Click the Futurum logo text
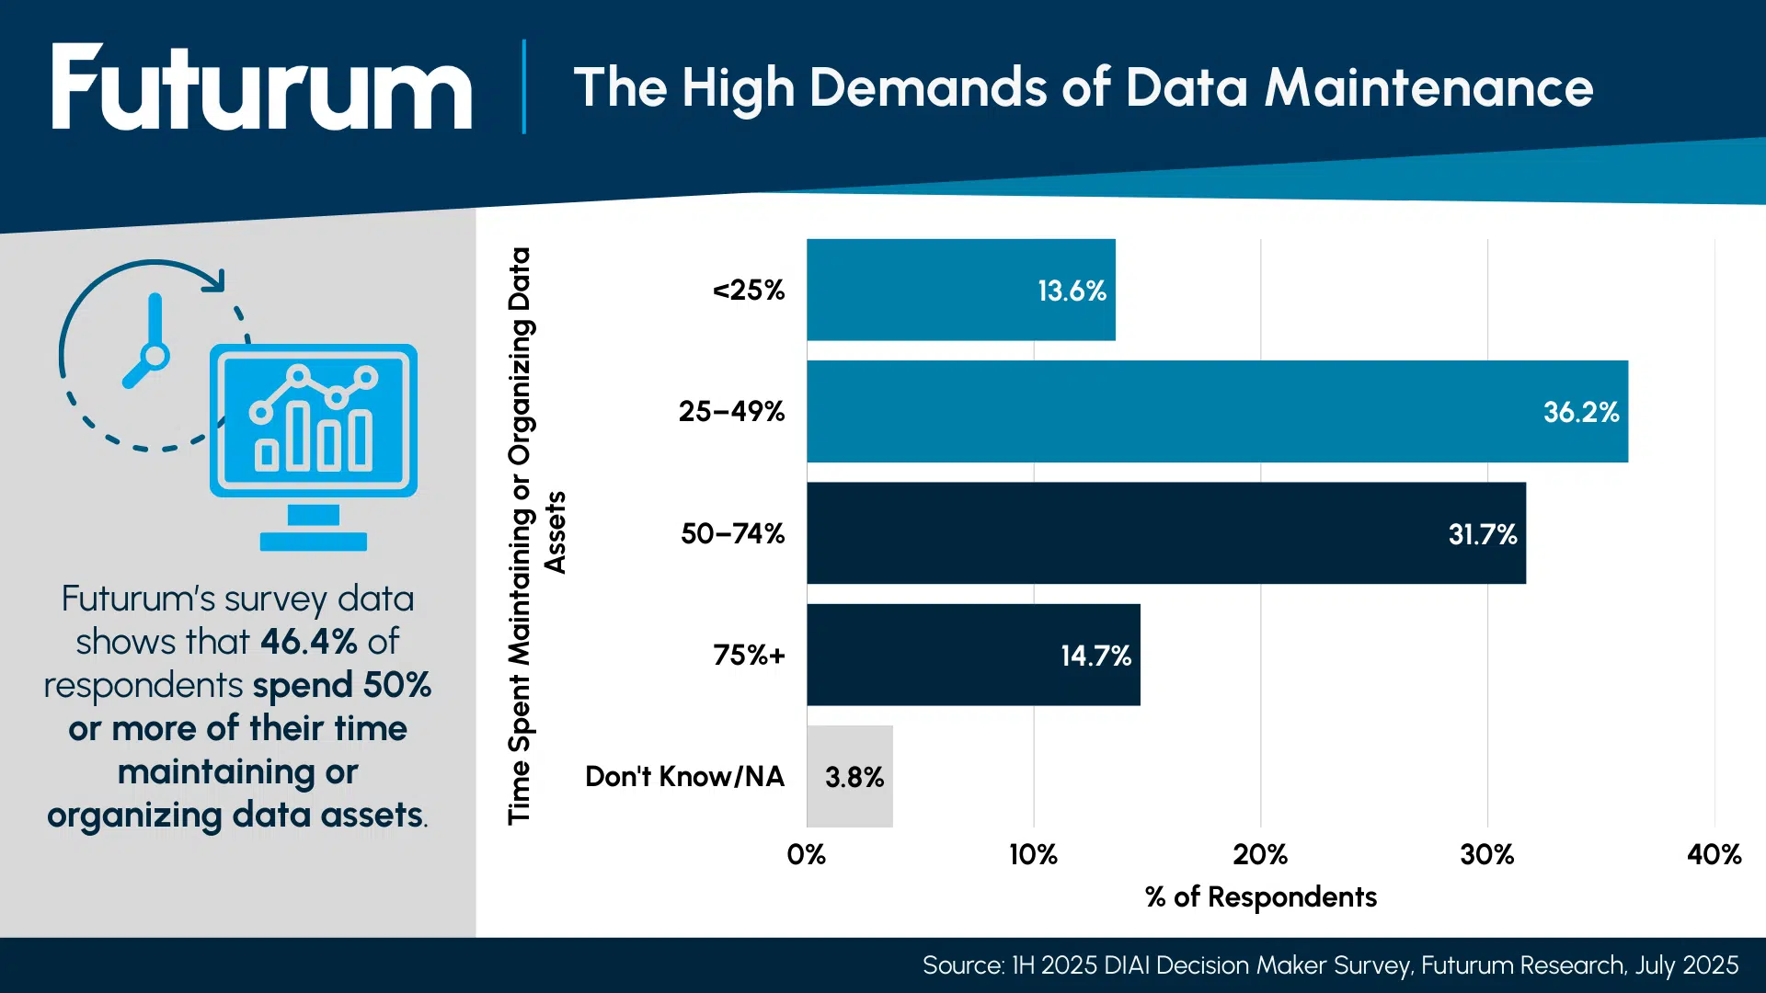click(x=262, y=89)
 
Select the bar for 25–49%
click(x=1216, y=411)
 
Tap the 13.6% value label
click(x=1071, y=291)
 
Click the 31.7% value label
click(x=1482, y=534)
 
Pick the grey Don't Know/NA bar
click(x=849, y=776)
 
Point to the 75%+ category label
click(x=749, y=656)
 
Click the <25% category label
click(x=749, y=291)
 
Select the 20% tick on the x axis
click(x=1259, y=855)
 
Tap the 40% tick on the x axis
click(x=1714, y=855)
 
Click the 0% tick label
click(x=806, y=855)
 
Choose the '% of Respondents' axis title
click(x=1260, y=897)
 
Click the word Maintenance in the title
click(x=1428, y=88)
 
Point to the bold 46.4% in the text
click(x=308, y=642)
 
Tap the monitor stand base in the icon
click(x=313, y=542)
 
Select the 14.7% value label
click(x=1095, y=656)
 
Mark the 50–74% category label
click(x=732, y=534)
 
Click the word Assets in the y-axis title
click(x=556, y=532)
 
